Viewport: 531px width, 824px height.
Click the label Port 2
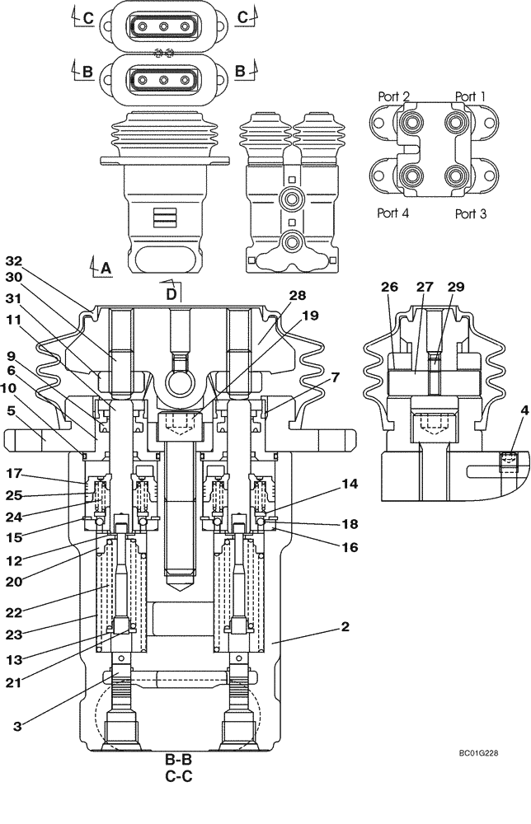pos(393,96)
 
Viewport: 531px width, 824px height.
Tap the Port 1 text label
pos(470,96)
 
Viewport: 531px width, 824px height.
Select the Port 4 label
pos(393,213)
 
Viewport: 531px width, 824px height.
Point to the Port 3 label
pos(471,213)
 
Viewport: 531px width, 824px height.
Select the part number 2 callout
pos(345,627)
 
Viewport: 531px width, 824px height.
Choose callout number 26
pos(389,288)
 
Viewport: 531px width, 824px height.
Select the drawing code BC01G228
pos(479,753)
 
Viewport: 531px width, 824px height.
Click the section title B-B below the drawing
pos(179,760)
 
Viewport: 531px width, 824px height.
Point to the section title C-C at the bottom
pos(179,775)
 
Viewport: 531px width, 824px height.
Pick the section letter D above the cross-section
pos(171,293)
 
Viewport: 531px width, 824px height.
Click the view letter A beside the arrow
pos(105,267)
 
